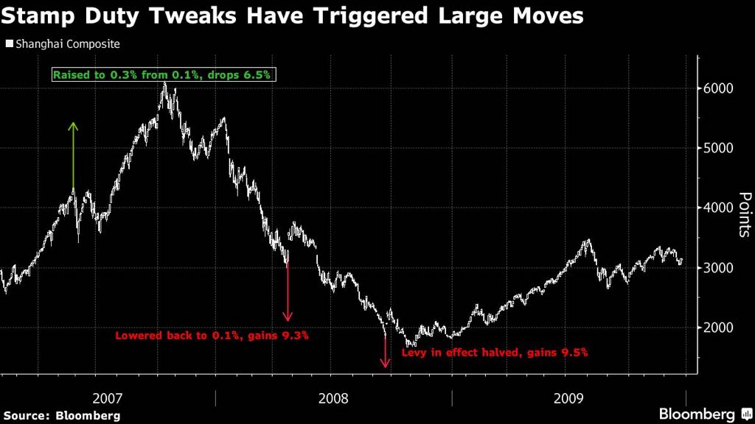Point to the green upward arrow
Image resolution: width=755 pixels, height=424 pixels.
click(73, 155)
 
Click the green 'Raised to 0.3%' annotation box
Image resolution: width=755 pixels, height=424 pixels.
click(163, 74)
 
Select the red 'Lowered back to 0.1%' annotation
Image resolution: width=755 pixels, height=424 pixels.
click(211, 336)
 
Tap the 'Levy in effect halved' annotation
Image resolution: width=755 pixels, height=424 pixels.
click(494, 353)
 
